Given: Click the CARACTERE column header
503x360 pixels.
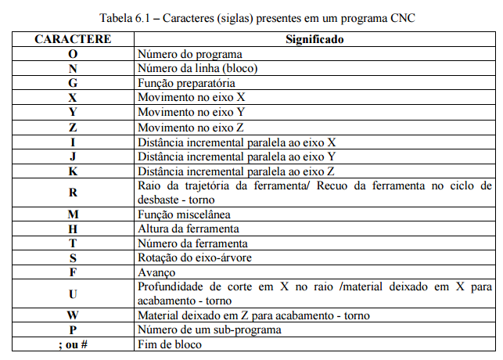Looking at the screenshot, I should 72,38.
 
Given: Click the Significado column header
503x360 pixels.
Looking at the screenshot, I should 314,38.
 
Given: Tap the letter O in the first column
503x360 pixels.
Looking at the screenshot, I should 72,55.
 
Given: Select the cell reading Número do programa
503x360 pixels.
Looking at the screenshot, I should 189,55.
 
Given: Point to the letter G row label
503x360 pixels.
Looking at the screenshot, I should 72,83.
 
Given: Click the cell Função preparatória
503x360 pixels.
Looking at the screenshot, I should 185,83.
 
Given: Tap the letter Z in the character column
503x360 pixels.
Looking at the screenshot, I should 72,127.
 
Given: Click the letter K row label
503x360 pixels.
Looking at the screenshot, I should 72,171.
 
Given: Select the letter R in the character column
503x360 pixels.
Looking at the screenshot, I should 72,193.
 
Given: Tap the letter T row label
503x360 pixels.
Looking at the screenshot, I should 72,243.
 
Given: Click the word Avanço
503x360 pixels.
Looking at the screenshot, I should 156,272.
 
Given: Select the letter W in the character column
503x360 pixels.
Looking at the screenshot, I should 72,315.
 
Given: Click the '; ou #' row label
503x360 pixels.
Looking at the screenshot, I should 72,344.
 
